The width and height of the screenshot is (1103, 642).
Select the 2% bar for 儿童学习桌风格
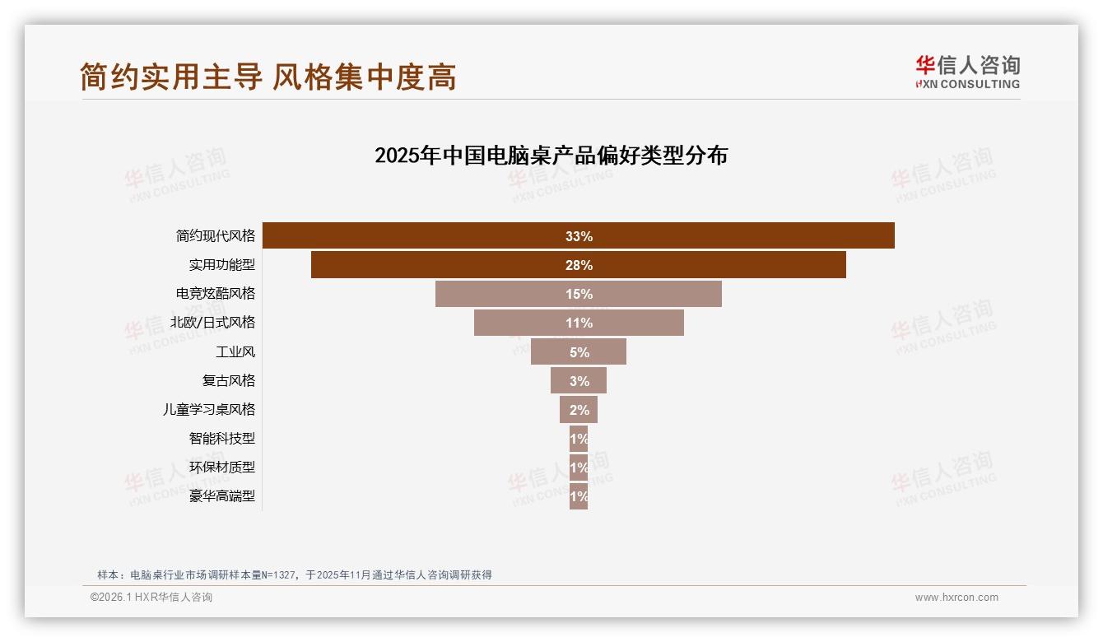(579, 409)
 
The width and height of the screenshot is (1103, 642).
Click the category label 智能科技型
(222, 438)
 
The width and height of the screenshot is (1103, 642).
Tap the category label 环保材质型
(222, 467)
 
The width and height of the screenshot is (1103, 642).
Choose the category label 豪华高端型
(222, 495)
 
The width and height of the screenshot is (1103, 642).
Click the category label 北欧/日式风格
(212, 323)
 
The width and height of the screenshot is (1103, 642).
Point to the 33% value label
(579, 236)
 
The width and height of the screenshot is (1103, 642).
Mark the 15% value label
(579, 294)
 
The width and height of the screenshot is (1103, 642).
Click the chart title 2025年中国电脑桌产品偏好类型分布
(551, 155)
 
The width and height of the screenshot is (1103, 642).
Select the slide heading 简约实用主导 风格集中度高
(268, 77)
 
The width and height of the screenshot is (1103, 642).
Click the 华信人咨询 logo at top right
(967, 72)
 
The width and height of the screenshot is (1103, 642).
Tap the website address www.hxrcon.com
(956, 598)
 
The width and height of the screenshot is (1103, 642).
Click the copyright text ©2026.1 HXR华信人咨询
(151, 598)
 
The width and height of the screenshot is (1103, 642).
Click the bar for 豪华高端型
(579, 495)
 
